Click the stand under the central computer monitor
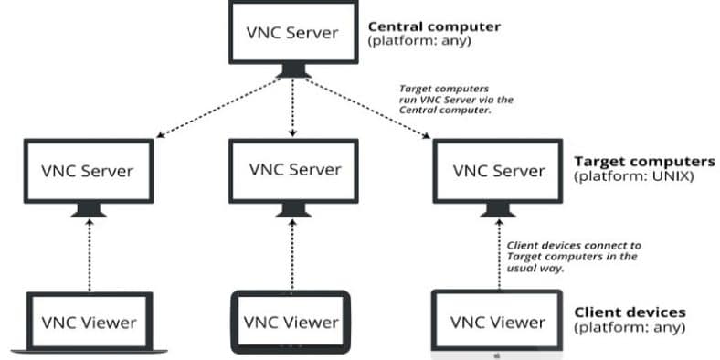tap(293, 70)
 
